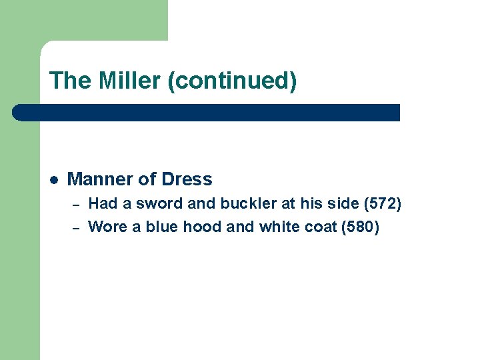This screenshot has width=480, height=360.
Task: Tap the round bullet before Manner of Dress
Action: coord(53,179)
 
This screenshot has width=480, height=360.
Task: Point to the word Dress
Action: coord(187,179)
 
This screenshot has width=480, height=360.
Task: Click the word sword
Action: coord(153,204)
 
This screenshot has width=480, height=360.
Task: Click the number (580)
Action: coord(360,227)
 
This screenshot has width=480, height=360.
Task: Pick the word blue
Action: coord(162,227)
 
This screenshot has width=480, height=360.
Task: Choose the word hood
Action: coord(201,227)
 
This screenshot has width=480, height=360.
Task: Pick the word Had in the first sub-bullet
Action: coord(101,204)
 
